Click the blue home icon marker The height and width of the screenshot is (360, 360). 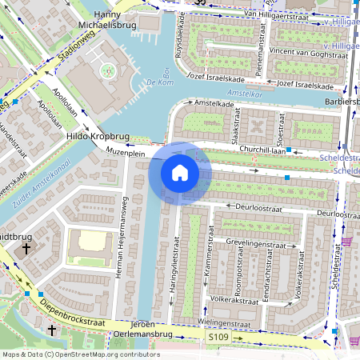(x=180, y=172)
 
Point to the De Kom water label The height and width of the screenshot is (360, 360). (x=160, y=82)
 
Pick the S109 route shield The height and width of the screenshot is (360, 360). (x=219, y=338)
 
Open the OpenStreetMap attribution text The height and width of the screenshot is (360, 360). (x=80, y=354)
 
